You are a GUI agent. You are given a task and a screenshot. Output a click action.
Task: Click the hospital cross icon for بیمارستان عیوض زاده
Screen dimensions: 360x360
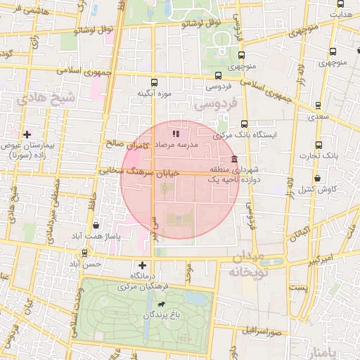click(27, 134)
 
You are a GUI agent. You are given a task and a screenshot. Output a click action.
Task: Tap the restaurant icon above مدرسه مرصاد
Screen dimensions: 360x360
click(175, 132)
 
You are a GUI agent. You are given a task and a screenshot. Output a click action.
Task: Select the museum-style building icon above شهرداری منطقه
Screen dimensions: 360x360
click(233, 159)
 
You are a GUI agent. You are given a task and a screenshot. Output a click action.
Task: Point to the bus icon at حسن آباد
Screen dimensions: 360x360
click(84, 253)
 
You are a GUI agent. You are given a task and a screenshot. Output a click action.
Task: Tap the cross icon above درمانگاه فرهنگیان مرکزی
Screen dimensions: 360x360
click(143, 265)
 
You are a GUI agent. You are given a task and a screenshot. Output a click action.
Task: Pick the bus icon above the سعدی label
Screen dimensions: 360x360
click(319, 106)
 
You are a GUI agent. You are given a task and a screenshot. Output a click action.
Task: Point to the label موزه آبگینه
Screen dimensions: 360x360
click(154, 93)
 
